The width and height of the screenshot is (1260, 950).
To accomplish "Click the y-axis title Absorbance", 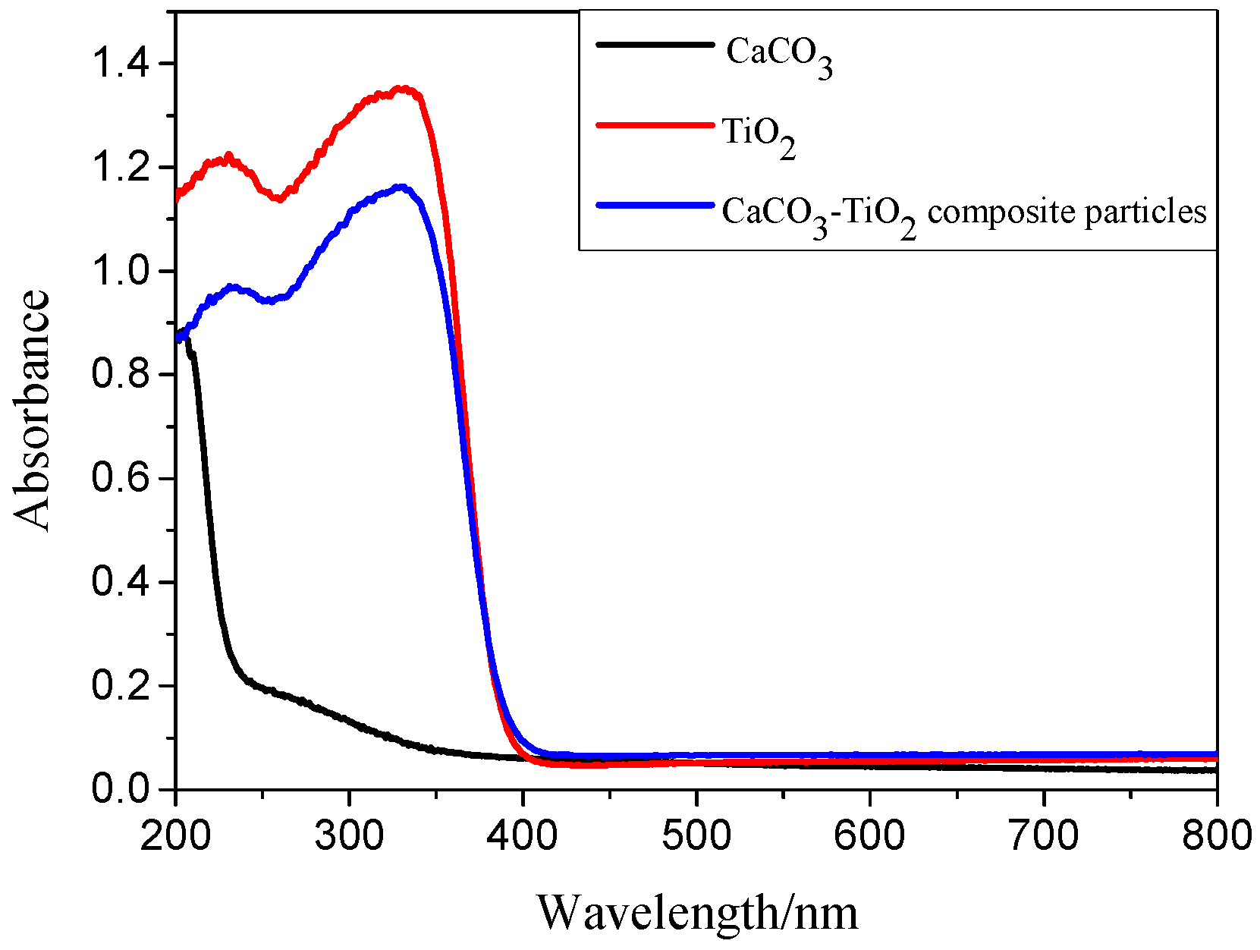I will point(32,411).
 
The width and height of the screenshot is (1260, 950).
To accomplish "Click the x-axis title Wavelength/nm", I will point(697,912).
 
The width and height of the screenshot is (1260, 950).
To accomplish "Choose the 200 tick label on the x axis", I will point(176,835).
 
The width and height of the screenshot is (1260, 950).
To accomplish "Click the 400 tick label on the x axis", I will point(523,835).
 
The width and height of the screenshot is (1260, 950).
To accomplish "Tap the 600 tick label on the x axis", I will point(869,835).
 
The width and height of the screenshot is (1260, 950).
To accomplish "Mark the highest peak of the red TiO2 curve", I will point(404,90).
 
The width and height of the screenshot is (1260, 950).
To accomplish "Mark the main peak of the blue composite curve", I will point(401,187).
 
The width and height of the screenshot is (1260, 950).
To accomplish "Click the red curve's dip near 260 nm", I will point(279,199).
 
